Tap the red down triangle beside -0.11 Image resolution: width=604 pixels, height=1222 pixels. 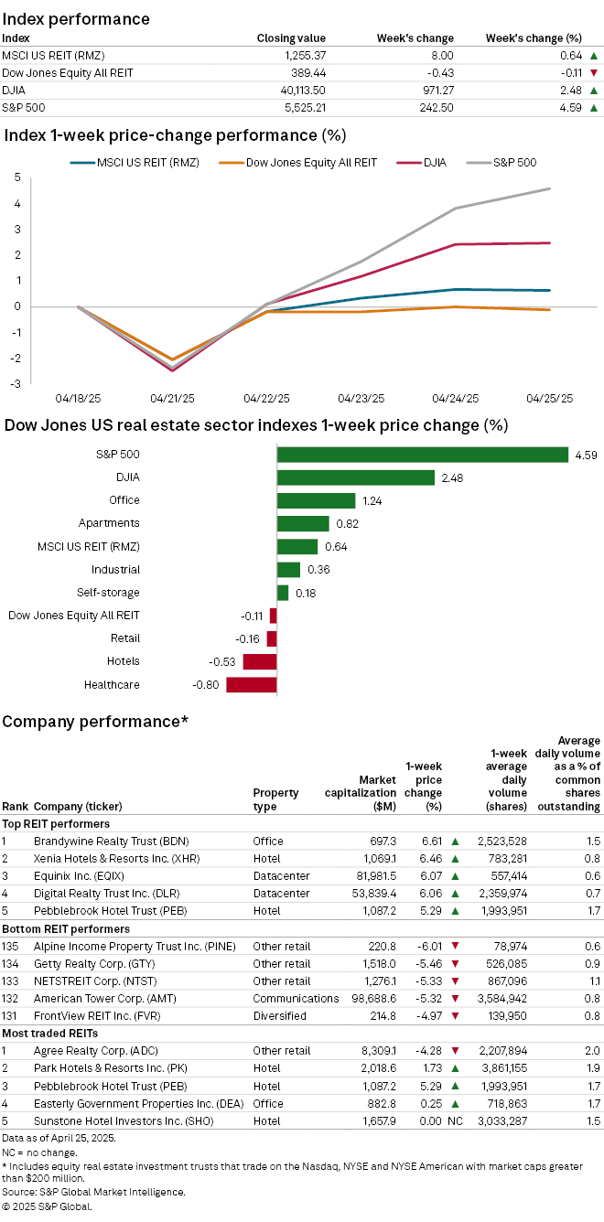click(594, 73)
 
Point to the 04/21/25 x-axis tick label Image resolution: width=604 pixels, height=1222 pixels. click(172, 399)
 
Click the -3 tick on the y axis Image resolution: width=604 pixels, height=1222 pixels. click(16, 383)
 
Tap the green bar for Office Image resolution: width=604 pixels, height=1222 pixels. click(316, 500)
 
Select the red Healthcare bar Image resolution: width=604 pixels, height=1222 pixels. click(251, 684)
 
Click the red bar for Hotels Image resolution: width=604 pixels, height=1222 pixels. click(259, 661)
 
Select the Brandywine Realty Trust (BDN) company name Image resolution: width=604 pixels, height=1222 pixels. click(103, 840)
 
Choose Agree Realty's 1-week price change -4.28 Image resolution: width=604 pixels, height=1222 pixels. click(427, 1051)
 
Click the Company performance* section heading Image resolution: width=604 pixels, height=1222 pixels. click(95, 722)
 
